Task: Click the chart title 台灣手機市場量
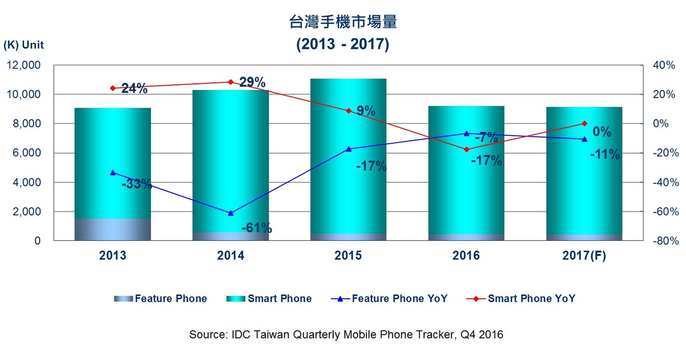(343, 22)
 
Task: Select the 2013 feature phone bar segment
(113, 229)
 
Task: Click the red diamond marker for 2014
(231, 82)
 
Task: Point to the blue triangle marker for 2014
(231, 213)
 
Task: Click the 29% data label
(252, 82)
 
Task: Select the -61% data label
(256, 228)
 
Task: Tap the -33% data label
(136, 184)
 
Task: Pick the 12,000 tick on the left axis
(24, 65)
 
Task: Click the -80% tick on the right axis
(665, 241)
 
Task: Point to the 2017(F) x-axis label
(584, 255)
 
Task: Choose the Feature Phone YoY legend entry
(389, 299)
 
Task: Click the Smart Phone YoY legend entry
(521, 299)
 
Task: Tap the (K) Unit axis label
(24, 45)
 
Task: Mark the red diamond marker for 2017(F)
(584, 123)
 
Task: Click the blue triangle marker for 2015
(349, 149)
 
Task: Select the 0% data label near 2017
(602, 132)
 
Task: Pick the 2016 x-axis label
(466, 255)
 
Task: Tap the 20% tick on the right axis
(664, 94)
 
